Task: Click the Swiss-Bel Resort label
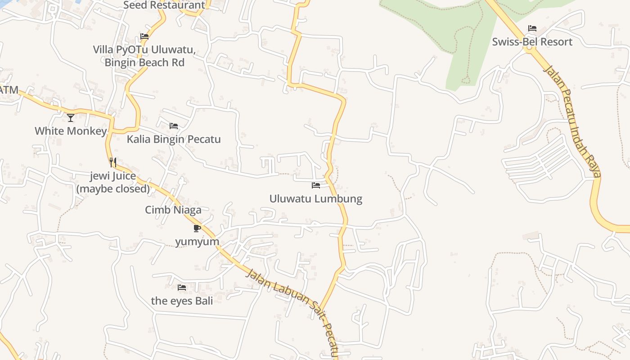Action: point(532,42)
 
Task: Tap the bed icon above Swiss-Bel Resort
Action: point(532,28)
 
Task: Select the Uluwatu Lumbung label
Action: point(315,198)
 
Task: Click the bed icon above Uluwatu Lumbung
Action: point(316,185)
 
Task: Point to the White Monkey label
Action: point(71,131)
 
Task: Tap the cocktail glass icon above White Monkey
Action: point(71,118)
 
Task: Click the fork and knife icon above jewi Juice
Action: point(113,162)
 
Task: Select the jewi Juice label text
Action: point(113,182)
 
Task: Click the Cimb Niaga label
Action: point(173,210)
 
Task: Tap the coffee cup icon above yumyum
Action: point(197,228)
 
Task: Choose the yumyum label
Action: point(197,242)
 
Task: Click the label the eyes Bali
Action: point(182,301)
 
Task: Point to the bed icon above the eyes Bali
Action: point(182,287)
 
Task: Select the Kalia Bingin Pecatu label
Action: point(174,139)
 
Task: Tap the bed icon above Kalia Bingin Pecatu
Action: point(174,126)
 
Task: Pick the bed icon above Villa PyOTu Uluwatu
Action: point(144,36)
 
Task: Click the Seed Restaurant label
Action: point(164,5)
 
